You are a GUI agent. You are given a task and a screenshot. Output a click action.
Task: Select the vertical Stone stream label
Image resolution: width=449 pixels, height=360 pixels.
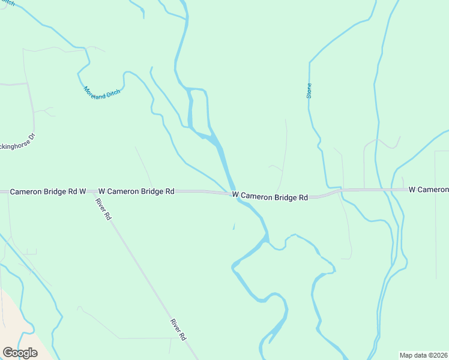pos(309,90)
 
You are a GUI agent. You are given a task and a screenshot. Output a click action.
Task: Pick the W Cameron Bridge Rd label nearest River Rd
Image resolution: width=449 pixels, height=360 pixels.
pos(136,191)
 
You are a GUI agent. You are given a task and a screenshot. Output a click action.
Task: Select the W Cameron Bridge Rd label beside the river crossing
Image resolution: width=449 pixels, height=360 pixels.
pos(270,196)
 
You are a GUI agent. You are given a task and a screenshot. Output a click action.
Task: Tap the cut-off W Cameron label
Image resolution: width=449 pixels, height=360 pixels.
pos(429,190)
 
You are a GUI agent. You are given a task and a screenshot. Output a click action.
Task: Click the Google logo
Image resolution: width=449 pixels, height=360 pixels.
pos(20,353)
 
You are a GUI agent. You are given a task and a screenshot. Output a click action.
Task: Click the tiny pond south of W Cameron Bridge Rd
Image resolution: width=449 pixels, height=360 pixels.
pos(234,226)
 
